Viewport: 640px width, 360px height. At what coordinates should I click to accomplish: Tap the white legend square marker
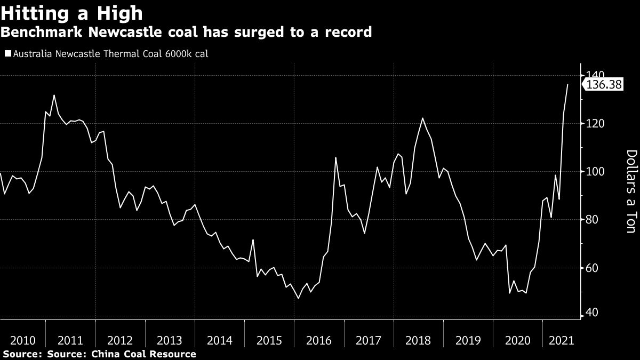[x=7, y=54]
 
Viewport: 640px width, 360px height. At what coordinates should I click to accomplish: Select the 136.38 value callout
[x=604, y=85]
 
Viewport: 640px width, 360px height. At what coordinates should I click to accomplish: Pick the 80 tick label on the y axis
[x=593, y=219]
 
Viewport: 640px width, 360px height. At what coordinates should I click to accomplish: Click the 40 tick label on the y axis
[x=593, y=313]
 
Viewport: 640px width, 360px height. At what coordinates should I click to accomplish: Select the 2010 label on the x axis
[x=23, y=340]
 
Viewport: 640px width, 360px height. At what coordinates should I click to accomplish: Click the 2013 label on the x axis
[x=170, y=340]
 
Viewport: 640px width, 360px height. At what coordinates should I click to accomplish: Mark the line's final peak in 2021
[x=567, y=84]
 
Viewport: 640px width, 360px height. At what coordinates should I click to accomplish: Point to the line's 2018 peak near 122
[x=422, y=118]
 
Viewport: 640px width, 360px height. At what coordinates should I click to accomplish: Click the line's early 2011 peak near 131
[x=54, y=95]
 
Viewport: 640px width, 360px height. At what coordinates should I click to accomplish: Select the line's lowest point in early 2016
[x=298, y=298]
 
